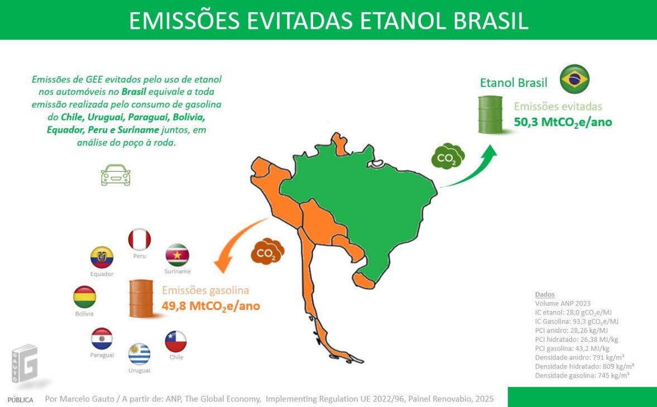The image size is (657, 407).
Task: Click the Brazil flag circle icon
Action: [x=574, y=79]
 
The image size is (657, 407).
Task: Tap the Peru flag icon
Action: [x=140, y=239]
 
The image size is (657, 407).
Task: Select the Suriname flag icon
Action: [x=178, y=255]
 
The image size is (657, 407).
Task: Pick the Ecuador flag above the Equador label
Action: [x=102, y=258]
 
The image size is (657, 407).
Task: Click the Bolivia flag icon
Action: [x=85, y=297]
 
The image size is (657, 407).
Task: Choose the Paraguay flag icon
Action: [x=102, y=338]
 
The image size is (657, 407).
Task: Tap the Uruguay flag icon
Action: [x=139, y=354]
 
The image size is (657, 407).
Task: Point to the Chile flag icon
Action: [x=176, y=341]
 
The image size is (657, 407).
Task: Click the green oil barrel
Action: [x=491, y=114]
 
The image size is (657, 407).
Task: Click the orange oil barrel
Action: [x=141, y=298]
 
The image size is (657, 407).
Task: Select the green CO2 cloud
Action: [x=448, y=157]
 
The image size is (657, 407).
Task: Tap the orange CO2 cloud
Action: [x=267, y=252]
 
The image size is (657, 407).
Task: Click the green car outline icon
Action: [x=116, y=175]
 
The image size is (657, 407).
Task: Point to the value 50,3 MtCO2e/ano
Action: [x=563, y=122]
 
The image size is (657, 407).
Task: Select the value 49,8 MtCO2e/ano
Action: [x=210, y=306]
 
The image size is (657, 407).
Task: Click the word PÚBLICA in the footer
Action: [x=20, y=400]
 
